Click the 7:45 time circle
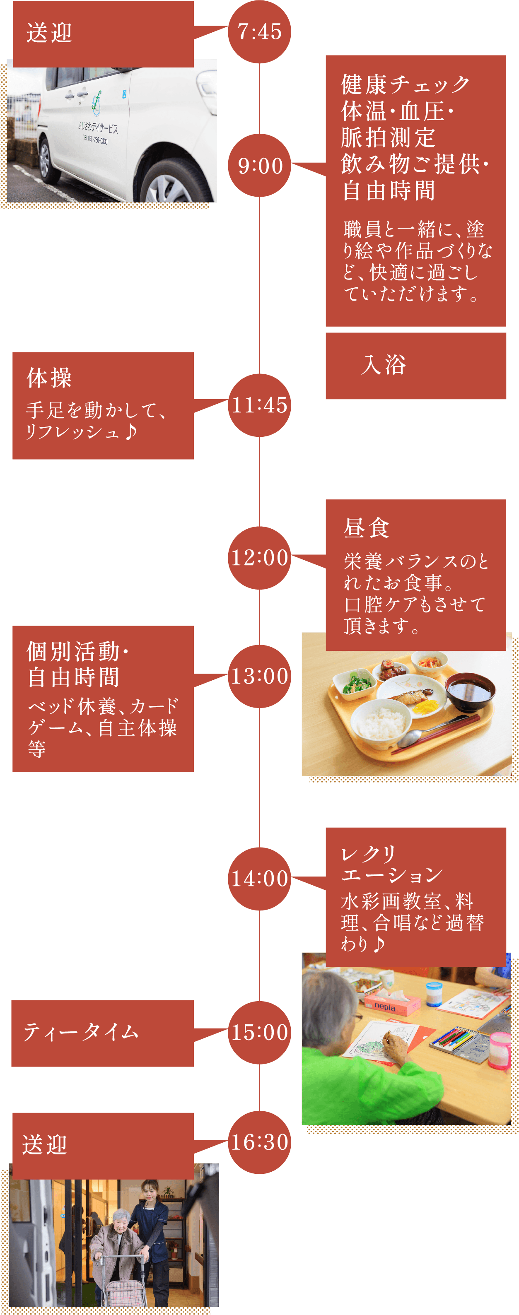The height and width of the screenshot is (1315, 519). click(x=259, y=31)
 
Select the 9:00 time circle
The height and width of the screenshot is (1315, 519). click(x=259, y=165)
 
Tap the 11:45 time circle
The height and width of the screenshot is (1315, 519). click(x=259, y=405)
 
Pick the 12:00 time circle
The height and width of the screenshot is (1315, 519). click(x=259, y=557)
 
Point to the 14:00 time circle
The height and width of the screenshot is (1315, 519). click(x=259, y=879)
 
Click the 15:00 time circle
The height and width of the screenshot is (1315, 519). click(x=259, y=1032)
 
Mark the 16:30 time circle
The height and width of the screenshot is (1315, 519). click(x=259, y=1142)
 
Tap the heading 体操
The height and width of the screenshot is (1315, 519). click(x=49, y=378)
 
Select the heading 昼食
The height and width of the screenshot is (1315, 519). click(x=367, y=528)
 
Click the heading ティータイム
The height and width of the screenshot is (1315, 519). click(x=81, y=1032)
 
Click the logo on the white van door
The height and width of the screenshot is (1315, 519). click(x=96, y=103)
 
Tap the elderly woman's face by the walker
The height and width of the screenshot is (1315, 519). click(x=121, y=1225)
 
